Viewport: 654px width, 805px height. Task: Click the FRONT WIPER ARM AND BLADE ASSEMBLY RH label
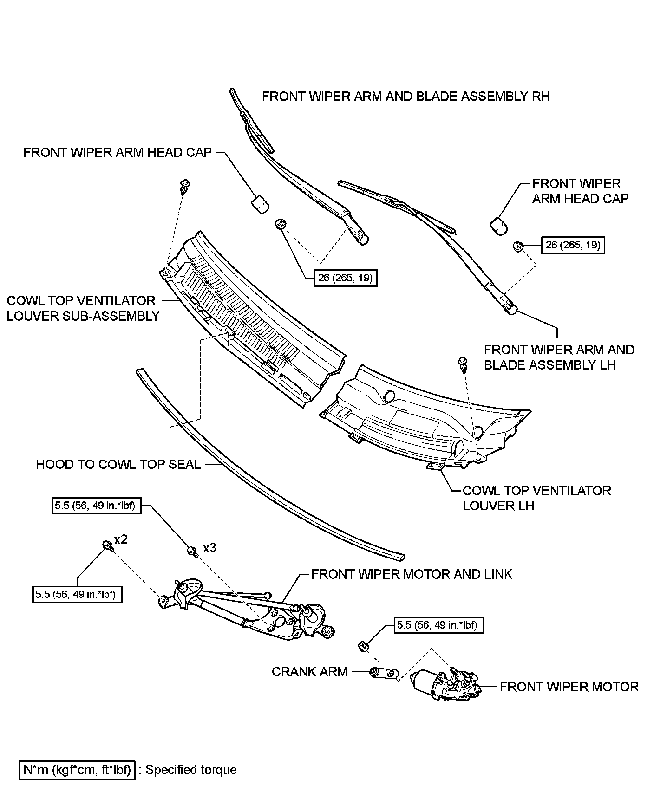click(405, 96)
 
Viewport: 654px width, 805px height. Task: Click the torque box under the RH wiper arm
click(346, 278)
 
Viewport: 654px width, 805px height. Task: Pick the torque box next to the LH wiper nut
click(573, 245)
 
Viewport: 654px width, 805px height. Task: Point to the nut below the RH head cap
click(280, 224)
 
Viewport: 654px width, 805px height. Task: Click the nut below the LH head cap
click(518, 247)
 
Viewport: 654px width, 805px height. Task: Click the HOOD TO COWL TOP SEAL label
click(118, 464)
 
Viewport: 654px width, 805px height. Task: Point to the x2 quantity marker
click(121, 539)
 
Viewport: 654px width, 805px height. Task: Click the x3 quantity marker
click(209, 548)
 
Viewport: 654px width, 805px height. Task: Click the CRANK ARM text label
click(309, 672)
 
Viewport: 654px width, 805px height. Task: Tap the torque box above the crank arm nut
click(438, 625)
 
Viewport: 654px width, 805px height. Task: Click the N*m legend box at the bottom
click(77, 770)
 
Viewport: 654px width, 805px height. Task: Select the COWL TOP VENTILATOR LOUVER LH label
click(536, 498)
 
